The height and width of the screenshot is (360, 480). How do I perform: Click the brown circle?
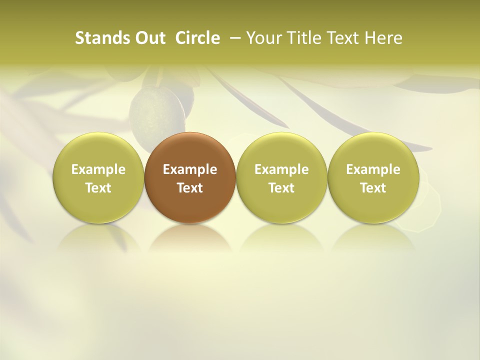click(190, 178)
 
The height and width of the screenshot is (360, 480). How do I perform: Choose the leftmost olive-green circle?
click(98, 178)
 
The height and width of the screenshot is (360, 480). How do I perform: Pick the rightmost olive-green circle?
click(373, 178)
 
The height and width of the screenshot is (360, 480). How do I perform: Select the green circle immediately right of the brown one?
click(281, 178)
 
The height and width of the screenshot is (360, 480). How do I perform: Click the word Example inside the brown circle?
click(190, 169)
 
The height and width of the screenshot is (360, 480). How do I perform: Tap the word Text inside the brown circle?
click(190, 188)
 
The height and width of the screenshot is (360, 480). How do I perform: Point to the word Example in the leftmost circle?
click(98, 169)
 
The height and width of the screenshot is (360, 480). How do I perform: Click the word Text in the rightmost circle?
click(373, 188)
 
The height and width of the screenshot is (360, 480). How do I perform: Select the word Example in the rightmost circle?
click(373, 169)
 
